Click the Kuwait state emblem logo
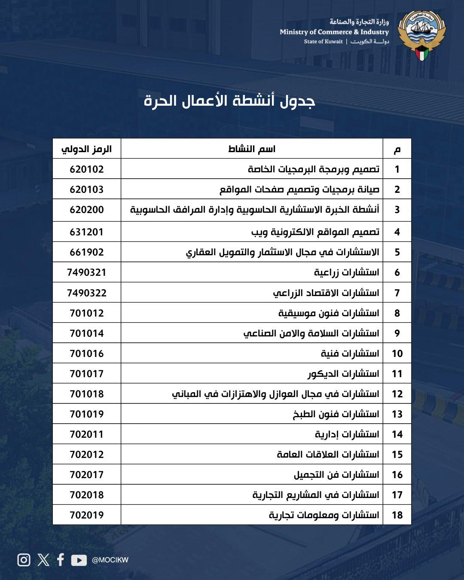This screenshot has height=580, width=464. [x=422, y=35]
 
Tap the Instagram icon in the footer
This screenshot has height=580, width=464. [x=24, y=560]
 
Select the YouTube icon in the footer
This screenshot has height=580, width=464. [x=79, y=560]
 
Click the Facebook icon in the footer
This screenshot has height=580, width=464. [x=61, y=560]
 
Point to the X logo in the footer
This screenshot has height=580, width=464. [x=43, y=560]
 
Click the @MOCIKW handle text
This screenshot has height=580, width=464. [x=110, y=560]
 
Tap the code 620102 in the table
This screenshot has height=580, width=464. [x=87, y=169]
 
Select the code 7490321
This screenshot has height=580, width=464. [x=87, y=272]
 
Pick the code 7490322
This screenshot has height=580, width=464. [x=87, y=293]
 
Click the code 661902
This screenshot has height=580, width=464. [x=87, y=252]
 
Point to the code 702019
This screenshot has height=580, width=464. [x=87, y=515]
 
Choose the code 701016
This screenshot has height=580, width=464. [x=87, y=354]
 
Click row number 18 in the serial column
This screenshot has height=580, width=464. [x=397, y=515]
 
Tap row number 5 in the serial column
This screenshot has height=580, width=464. [x=397, y=252]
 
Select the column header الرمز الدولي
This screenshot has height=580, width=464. [x=87, y=149]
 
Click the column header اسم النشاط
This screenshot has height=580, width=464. [x=252, y=149]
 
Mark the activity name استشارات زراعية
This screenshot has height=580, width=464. [x=347, y=272]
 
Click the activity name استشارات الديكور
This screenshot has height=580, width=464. [x=343, y=374]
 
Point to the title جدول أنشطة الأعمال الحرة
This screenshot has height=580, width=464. [x=229, y=101]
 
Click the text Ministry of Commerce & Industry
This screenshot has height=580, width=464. [x=334, y=32]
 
